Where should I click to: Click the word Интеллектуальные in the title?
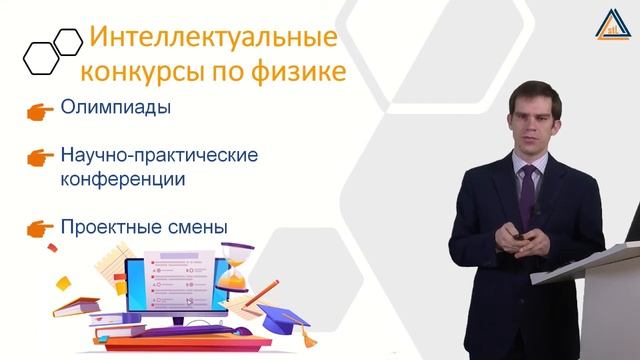click(x=210, y=39)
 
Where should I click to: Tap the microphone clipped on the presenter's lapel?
click(x=537, y=208)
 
